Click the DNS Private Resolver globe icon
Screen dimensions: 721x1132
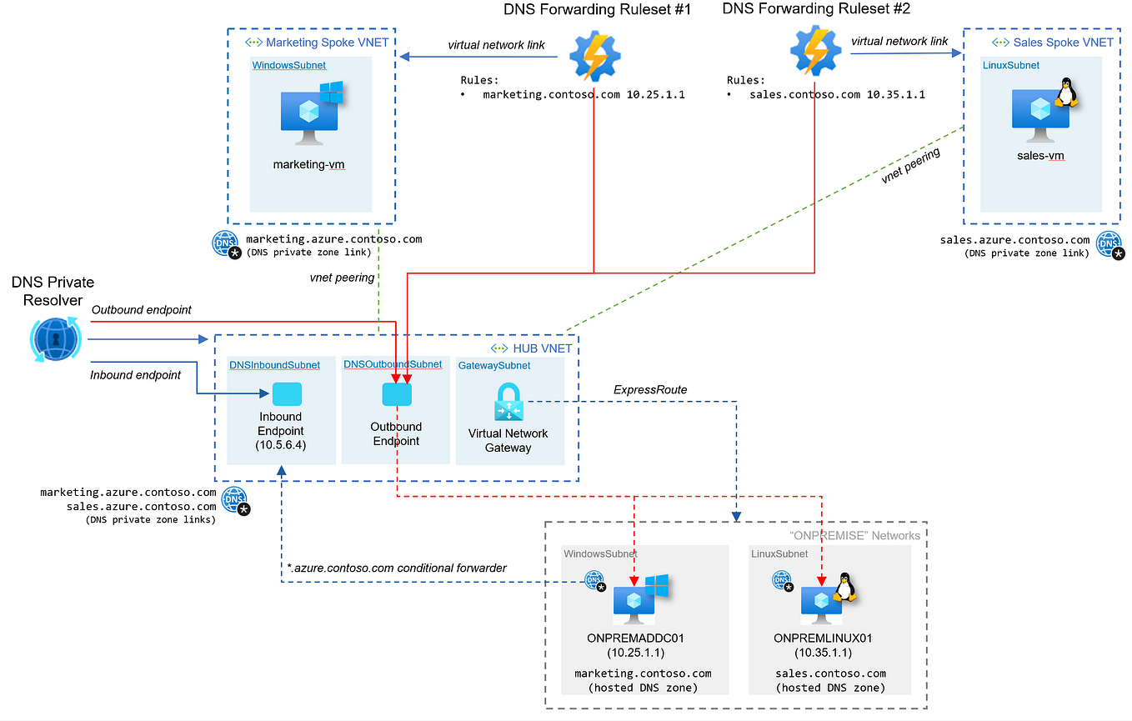coord(54,339)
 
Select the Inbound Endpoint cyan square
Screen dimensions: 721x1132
coord(287,394)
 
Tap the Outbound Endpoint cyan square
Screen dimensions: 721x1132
coord(397,394)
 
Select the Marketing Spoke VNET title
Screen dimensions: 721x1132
coord(327,43)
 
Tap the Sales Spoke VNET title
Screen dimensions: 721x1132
coord(1063,43)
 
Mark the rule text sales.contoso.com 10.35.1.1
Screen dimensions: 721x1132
coord(837,95)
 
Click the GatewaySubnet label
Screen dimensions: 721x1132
coord(494,365)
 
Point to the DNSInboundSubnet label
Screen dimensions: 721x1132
coord(274,365)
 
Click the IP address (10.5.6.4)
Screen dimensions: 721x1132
coord(280,446)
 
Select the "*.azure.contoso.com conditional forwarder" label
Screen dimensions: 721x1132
coord(396,568)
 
